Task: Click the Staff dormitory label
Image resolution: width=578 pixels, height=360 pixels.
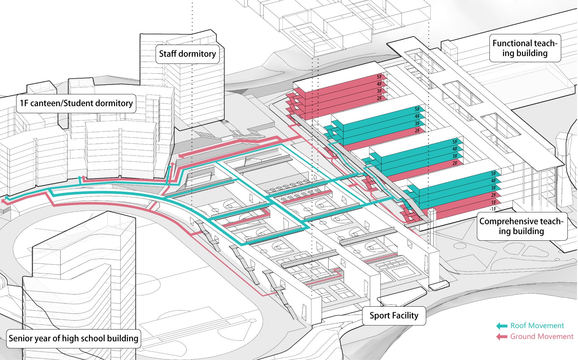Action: click(187, 54)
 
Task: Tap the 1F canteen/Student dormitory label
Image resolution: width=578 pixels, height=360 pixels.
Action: click(76, 103)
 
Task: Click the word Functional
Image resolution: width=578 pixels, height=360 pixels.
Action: click(512, 43)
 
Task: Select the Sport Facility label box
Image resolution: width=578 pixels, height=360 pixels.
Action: click(394, 316)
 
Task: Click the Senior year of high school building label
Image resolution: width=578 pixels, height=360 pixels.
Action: click(73, 338)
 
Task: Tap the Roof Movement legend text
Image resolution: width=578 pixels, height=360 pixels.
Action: click(537, 325)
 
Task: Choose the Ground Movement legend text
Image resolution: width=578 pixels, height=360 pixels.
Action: click(542, 336)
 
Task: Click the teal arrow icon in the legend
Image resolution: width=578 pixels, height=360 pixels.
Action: click(502, 326)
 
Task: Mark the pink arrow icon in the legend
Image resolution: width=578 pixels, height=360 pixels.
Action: click(502, 337)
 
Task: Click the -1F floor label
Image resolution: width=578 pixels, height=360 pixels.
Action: click(493, 209)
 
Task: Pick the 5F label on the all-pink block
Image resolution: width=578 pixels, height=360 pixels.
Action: click(380, 77)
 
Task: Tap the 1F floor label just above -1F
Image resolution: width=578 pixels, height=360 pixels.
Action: click(494, 203)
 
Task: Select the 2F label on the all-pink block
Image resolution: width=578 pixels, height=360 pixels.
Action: click(380, 98)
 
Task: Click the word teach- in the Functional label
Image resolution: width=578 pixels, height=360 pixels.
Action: click(545, 43)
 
